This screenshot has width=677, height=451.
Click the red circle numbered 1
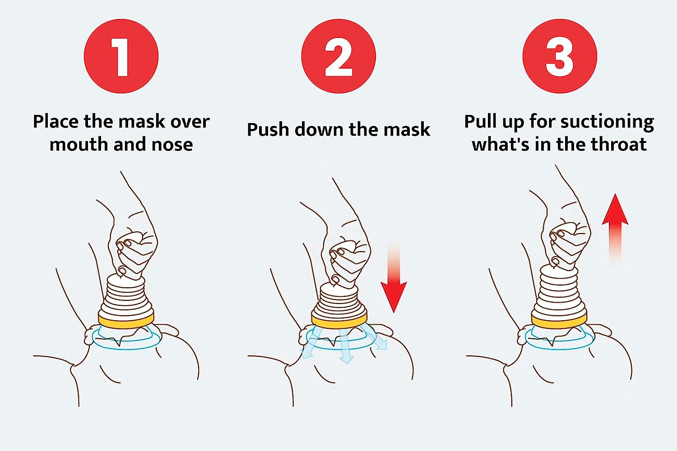pos(121,56)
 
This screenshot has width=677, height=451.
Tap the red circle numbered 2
pos(338,56)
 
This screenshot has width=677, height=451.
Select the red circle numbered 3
pos(560,56)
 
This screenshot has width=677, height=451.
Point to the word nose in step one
pos(172,144)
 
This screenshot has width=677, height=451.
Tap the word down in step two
pos(319,129)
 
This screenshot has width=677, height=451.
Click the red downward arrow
pos(394,278)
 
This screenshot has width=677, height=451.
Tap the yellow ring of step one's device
pos(126,321)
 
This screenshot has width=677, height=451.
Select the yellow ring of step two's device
pos(339,321)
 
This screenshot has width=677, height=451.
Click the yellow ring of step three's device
pos(559,322)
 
